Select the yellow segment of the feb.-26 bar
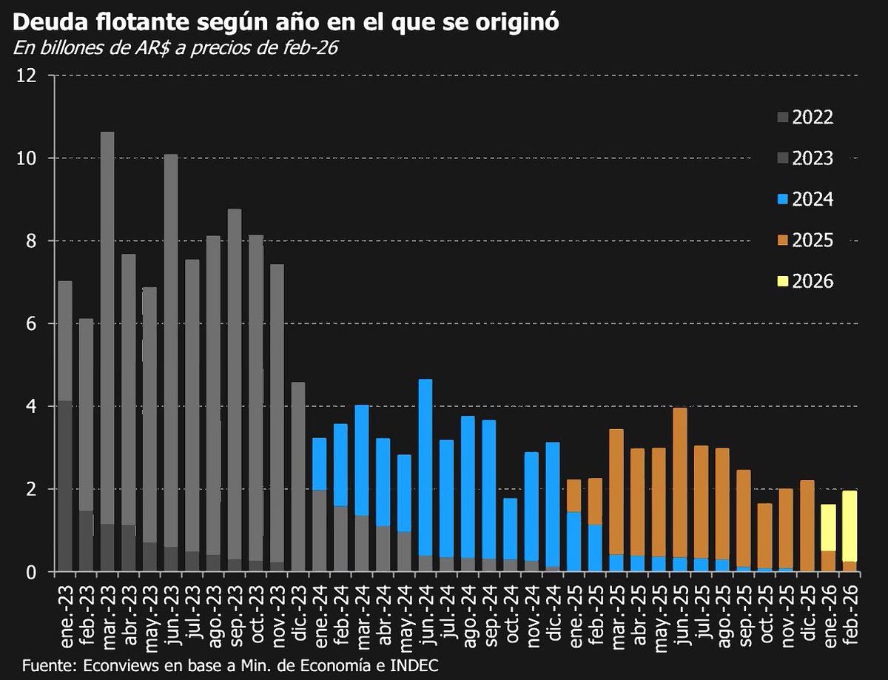pyautogui.click(x=850, y=526)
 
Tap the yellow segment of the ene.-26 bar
pyautogui.click(x=828, y=528)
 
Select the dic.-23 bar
pyautogui.click(x=298, y=477)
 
